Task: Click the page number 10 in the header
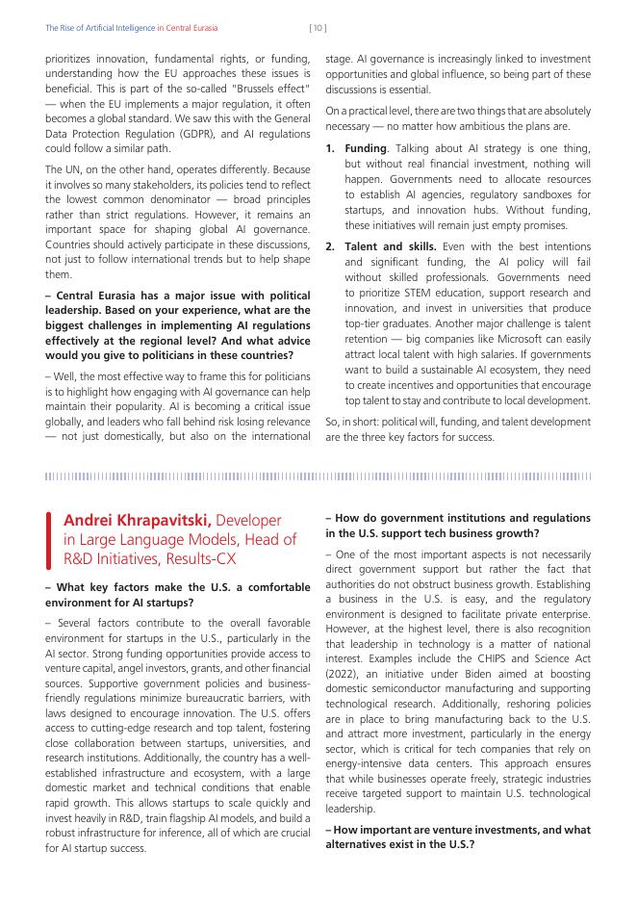click(x=318, y=28)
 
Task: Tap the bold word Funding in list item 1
click(x=365, y=149)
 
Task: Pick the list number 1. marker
click(x=330, y=149)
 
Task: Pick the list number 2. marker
click(x=330, y=246)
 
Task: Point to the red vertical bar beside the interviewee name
click(x=48, y=539)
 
